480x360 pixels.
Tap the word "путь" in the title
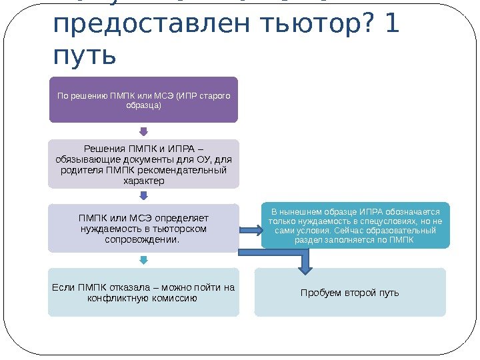pyautogui.click(x=83, y=55)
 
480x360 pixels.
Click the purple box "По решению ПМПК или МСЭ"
pyautogui.click(x=143, y=99)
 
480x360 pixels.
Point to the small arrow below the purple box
pyautogui.click(x=143, y=131)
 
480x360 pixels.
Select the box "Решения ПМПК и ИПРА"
pyautogui.click(x=143, y=163)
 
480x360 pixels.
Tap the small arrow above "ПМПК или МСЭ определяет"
pyautogui.click(x=143, y=196)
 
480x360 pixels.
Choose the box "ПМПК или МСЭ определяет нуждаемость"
pyautogui.click(x=143, y=228)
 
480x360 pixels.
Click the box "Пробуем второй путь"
pyautogui.click(x=350, y=292)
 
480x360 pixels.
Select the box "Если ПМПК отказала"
pyautogui.click(x=143, y=292)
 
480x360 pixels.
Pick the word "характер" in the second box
pyautogui.click(x=143, y=180)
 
